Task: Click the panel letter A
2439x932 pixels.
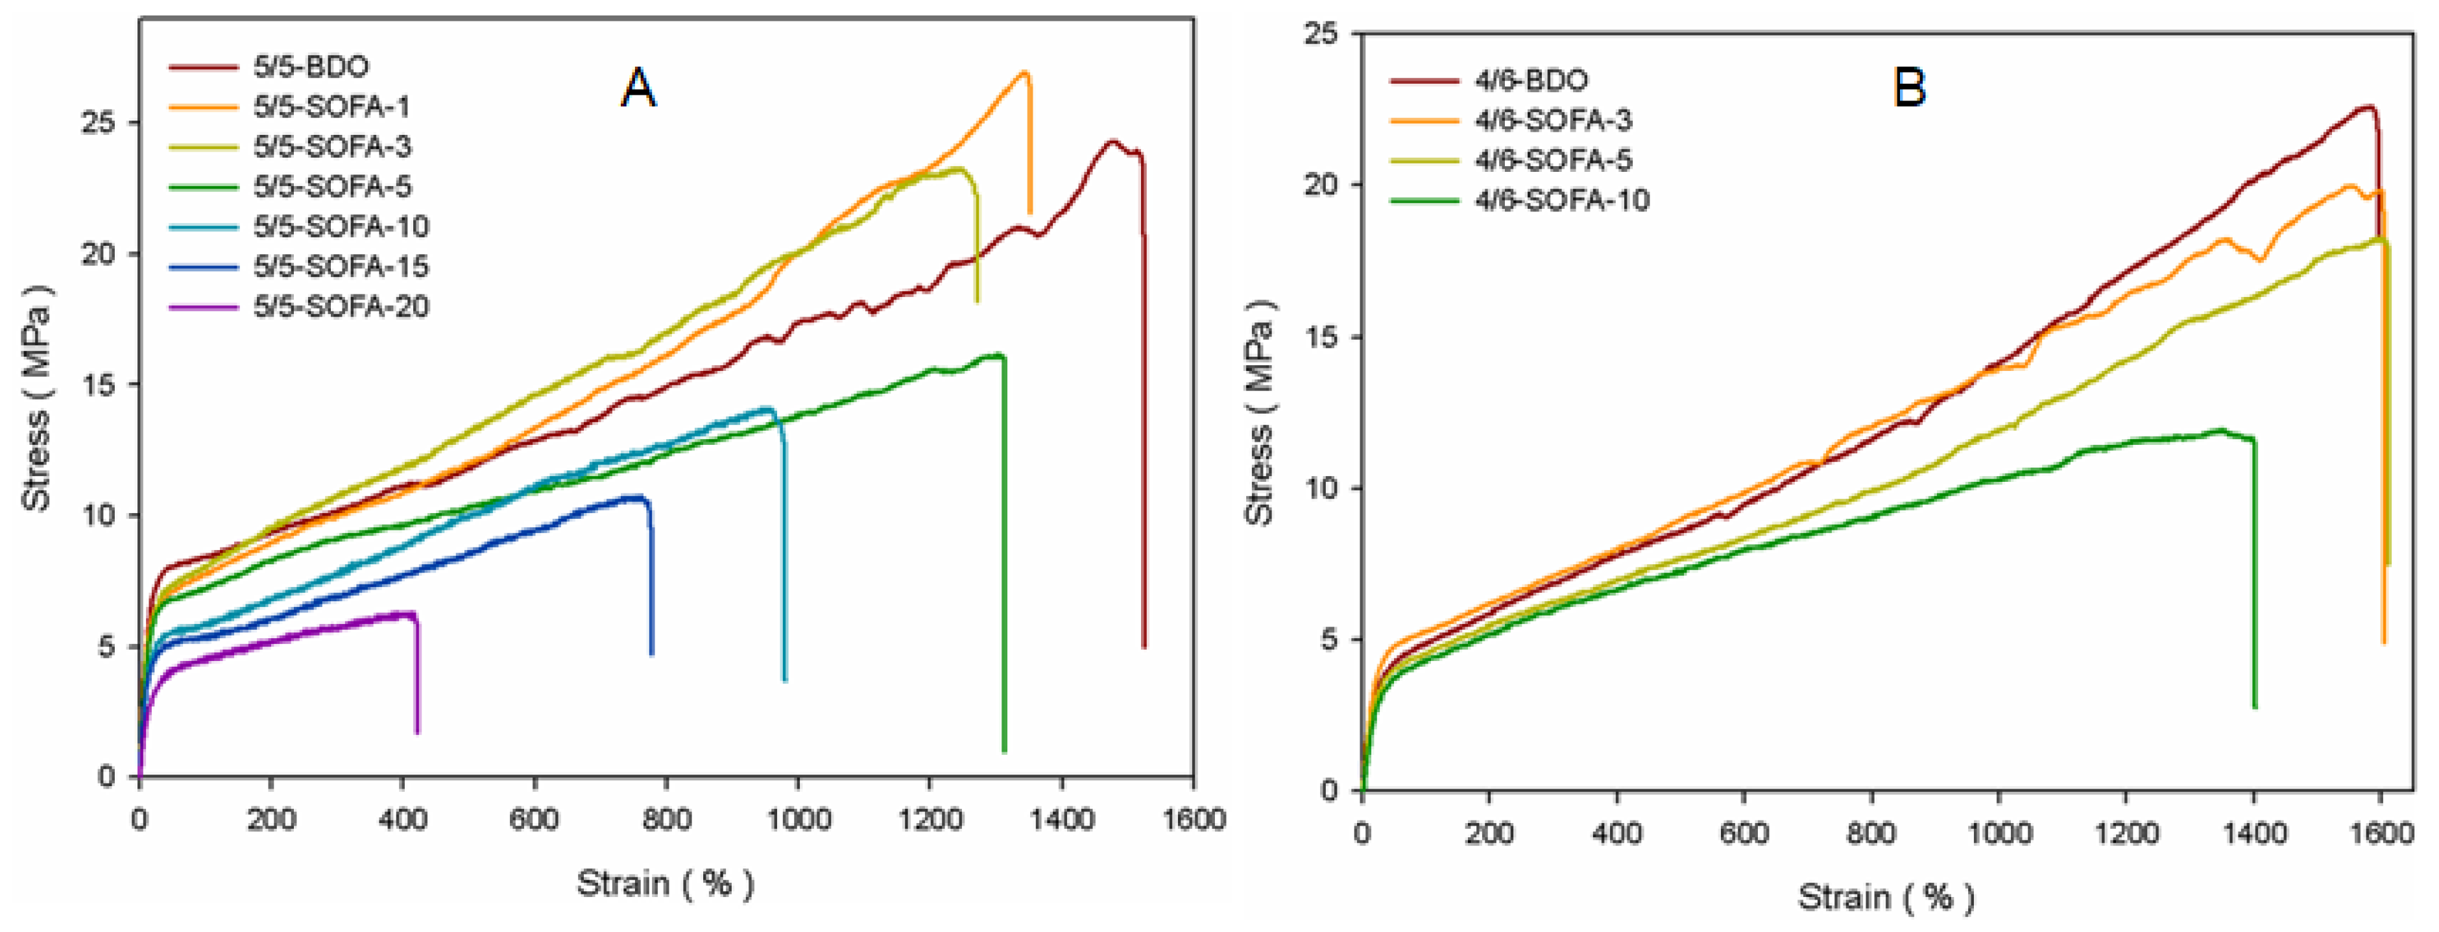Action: pos(638,88)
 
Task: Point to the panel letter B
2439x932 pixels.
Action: pos(1910,88)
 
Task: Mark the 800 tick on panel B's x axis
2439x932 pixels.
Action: pos(1871,833)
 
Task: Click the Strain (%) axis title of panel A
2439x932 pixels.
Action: pos(665,884)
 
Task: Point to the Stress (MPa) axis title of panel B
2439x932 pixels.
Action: pos(1259,412)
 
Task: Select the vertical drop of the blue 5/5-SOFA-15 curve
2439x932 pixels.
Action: pos(651,578)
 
